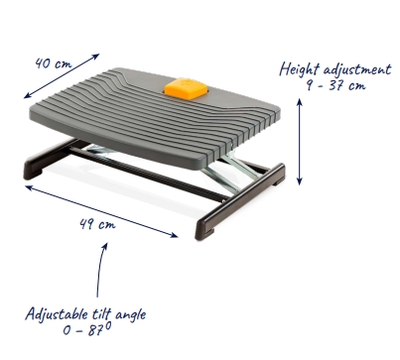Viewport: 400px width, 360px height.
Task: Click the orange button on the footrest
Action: tap(187, 88)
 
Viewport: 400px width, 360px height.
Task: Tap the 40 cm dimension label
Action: tap(53, 63)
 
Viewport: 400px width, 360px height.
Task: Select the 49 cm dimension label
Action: tap(97, 224)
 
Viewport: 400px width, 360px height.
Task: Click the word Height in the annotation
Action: tap(300, 69)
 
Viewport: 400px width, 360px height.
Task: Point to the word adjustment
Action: tap(357, 69)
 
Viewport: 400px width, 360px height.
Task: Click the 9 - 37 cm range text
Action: tap(335, 85)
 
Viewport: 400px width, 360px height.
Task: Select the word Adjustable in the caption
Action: tap(57, 314)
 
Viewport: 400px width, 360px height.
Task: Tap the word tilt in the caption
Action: tap(101, 313)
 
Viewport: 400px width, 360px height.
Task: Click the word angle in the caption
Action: tap(130, 315)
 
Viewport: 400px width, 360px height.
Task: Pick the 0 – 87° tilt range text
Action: tap(87, 329)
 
